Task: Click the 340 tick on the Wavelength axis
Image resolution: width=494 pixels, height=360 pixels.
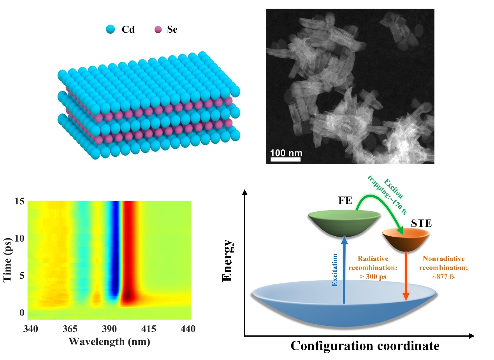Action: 31,329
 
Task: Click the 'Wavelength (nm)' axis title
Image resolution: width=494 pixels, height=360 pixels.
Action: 109,342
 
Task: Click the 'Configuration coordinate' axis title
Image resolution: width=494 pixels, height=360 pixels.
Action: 365,346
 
